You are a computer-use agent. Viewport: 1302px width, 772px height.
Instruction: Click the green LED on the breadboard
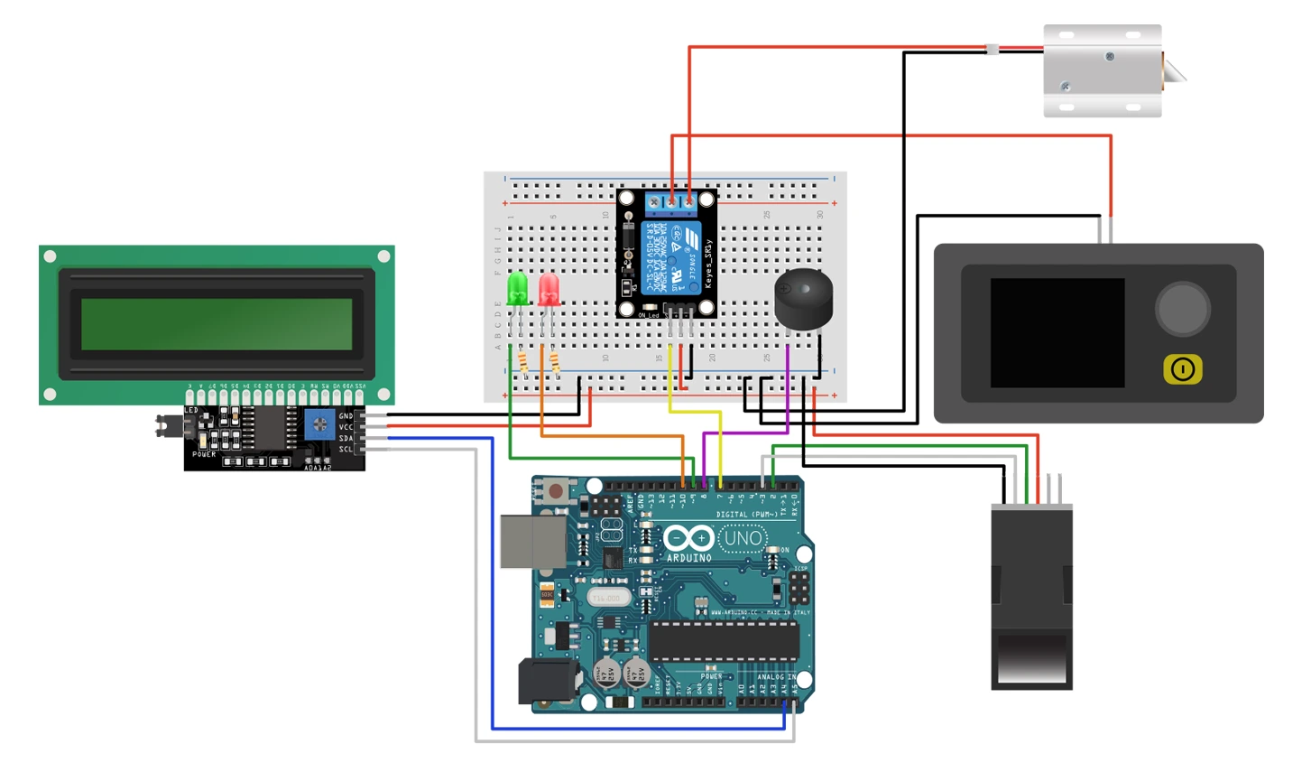click(x=518, y=290)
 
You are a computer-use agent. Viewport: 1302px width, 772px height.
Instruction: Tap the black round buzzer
click(x=803, y=300)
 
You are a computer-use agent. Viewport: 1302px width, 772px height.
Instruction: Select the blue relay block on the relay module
click(x=670, y=258)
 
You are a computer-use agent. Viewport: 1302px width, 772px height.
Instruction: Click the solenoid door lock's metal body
click(x=1102, y=70)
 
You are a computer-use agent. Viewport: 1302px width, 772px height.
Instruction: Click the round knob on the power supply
click(x=1182, y=309)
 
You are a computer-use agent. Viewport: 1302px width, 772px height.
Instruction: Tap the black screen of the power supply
click(x=1057, y=332)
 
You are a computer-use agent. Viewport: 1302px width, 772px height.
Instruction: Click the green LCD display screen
click(x=217, y=324)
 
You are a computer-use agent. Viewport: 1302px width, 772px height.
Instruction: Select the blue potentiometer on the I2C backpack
click(x=319, y=423)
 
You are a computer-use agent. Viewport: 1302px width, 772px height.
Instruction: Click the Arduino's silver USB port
click(x=532, y=542)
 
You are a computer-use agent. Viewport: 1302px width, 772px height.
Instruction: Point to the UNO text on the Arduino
click(x=743, y=539)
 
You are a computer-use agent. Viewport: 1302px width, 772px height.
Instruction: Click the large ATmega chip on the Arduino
click(x=724, y=640)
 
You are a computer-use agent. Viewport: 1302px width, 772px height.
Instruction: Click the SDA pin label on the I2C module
click(x=346, y=438)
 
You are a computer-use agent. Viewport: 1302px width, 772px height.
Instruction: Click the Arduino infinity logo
click(x=688, y=539)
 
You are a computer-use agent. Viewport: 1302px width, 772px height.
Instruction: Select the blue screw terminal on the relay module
click(x=671, y=201)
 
